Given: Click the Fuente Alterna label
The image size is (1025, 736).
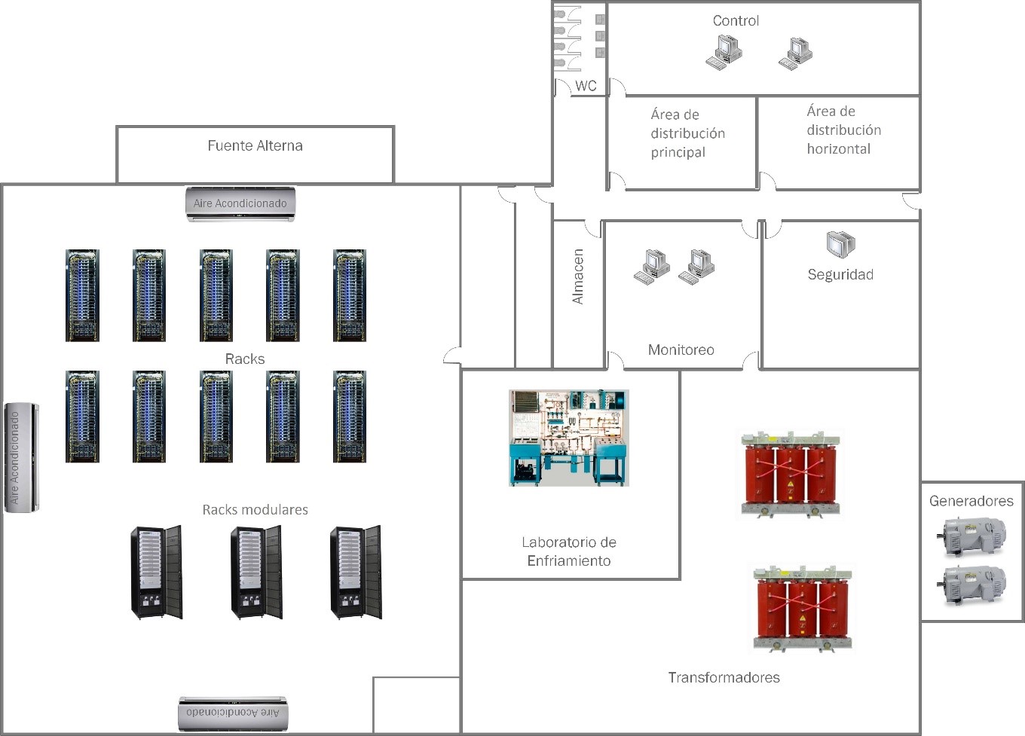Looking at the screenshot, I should point(255,145).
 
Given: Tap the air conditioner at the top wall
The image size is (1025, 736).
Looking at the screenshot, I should point(240,203).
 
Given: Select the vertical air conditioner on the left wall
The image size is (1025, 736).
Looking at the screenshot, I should point(21,457).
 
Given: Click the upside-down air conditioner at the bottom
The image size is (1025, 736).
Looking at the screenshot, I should point(233,713).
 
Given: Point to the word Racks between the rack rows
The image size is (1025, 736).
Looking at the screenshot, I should point(245,359).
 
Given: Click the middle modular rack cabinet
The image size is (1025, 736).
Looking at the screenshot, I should point(256,572).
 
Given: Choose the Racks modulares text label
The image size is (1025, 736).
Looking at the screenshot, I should point(255,510).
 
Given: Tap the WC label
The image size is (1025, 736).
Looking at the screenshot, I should point(586,86).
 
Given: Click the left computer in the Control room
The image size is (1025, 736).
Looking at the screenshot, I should point(724,53).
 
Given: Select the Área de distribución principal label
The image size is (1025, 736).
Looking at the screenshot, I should point(687,133).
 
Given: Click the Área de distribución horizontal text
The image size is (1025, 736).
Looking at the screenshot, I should point(843,130).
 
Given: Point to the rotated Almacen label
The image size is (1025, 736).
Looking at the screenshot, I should point(578,276).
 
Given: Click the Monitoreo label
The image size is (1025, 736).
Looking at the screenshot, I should point(681,350).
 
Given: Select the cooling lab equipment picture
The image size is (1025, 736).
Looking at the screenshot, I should point(568,438).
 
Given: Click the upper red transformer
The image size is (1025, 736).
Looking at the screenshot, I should point(791,474).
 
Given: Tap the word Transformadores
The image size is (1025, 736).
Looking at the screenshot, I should point(724,677).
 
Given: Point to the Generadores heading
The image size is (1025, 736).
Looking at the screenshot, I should point(971,501).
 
